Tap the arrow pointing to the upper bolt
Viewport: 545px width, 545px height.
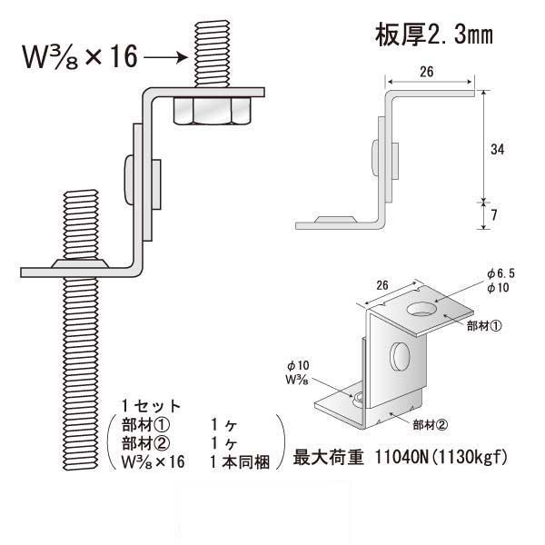tap(165, 58)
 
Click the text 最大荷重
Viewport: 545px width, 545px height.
tap(324, 459)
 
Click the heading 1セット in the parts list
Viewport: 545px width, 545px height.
tap(151, 405)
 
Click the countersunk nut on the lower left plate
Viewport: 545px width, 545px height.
tap(81, 261)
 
